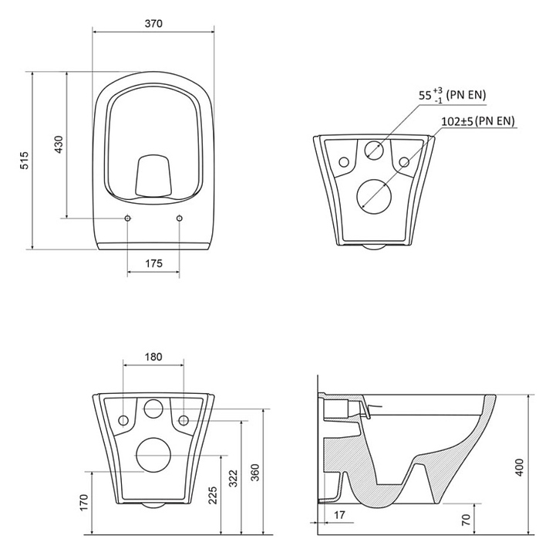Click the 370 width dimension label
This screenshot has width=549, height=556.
point(153,23)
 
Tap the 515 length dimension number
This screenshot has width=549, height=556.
point(25,161)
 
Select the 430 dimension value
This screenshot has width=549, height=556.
point(59,144)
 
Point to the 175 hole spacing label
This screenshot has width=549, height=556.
point(153,263)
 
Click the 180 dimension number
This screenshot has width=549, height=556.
point(153,357)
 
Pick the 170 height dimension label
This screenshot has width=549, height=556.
point(83,503)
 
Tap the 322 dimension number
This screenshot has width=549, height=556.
point(233,478)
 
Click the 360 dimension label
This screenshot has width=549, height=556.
point(255,473)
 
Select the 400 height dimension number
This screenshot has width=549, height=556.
point(519,467)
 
